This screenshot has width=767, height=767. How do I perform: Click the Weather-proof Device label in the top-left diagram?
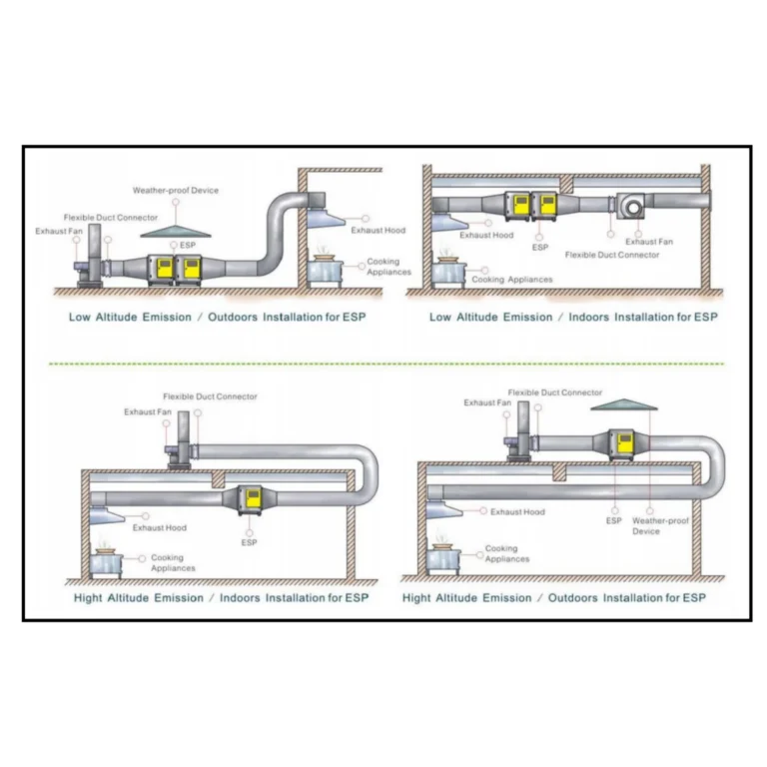click(175, 190)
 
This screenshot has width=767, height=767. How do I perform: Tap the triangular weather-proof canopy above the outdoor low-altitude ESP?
click(176, 231)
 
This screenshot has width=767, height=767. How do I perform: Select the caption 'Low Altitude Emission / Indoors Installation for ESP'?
click(573, 317)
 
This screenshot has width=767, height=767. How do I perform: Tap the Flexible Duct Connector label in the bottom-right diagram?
click(554, 392)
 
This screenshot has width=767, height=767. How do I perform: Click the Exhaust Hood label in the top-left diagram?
click(379, 230)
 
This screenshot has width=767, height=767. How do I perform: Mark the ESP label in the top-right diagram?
click(540, 247)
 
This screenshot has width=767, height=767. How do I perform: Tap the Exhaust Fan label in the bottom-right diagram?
click(479, 402)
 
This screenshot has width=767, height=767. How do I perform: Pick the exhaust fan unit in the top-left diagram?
click(90, 262)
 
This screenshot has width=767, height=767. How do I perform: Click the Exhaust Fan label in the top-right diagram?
click(649, 242)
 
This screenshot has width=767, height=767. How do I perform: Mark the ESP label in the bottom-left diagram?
click(249, 542)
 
